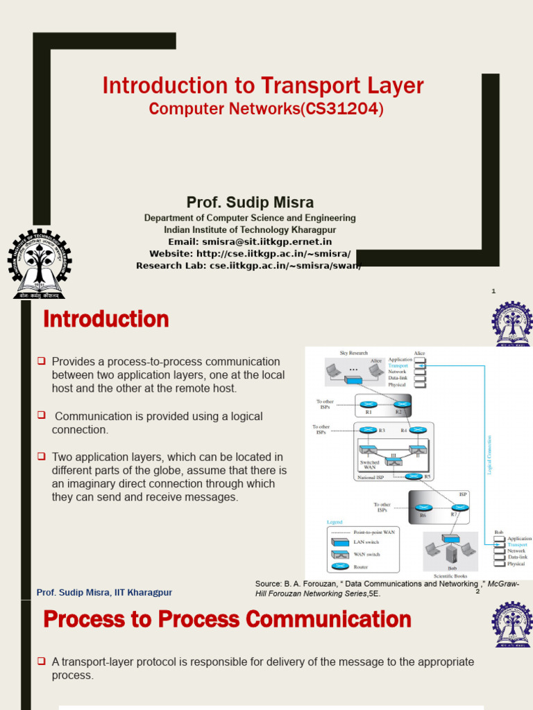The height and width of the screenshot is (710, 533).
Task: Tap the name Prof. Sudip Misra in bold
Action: click(x=250, y=202)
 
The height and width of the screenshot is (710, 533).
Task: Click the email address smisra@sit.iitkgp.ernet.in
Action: click(x=267, y=241)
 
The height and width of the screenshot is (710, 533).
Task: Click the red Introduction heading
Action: click(x=106, y=320)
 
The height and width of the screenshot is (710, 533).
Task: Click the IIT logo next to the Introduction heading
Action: click(x=511, y=324)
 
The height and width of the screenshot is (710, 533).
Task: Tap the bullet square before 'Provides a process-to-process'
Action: click(x=42, y=361)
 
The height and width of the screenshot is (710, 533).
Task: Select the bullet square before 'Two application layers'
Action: click(x=42, y=457)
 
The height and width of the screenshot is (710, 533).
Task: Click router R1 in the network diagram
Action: click(x=369, y=404)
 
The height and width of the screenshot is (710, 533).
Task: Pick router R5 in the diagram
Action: click(x=415, y=476)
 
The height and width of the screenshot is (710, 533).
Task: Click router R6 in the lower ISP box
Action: click(x=422, y=508)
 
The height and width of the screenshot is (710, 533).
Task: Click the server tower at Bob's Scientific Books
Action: click(x=451, y=553)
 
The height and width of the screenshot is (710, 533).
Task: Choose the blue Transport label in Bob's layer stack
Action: click(x=518, y=545)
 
